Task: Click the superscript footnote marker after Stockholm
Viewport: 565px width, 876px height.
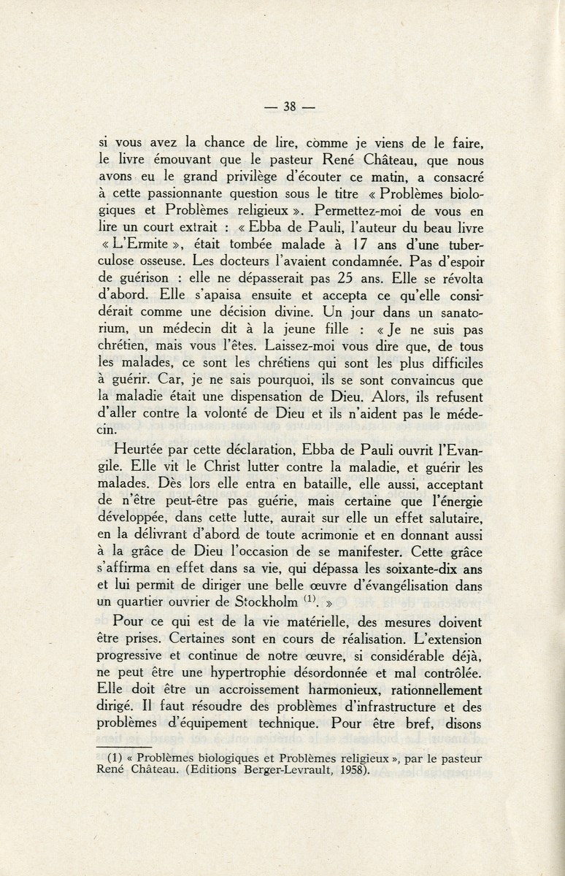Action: pyautogui.click(x=308, y=599)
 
